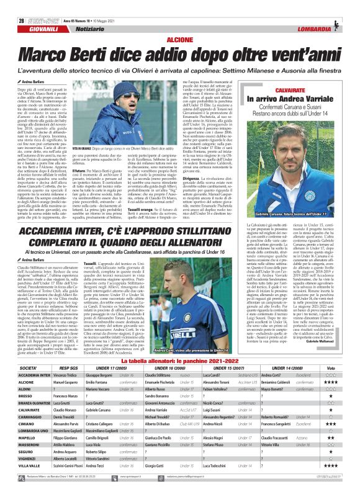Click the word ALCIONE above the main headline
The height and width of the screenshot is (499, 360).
point(179,20)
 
